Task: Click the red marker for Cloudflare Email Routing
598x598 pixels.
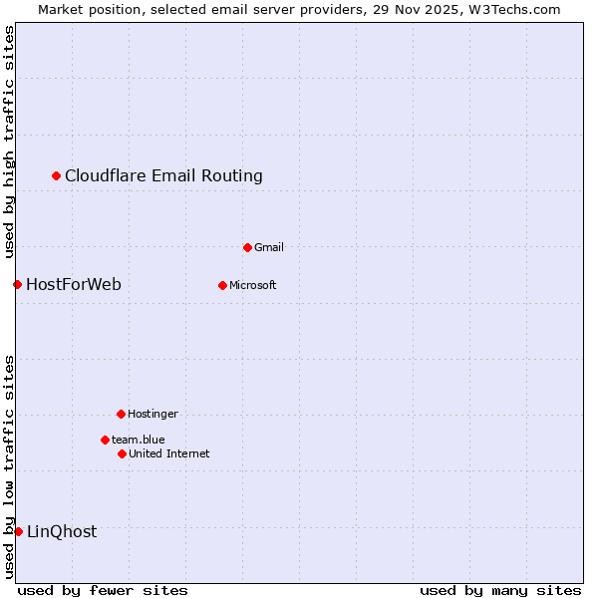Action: pos(57,175)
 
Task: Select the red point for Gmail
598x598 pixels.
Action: pos(247,247)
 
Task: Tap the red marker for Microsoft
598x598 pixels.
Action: pos(222,285)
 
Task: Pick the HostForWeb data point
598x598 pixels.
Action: pos(17,285)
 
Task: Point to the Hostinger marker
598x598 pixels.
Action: pos(121,414)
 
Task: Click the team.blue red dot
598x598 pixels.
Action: pos(105,440)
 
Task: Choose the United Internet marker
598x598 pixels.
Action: pos(122,453)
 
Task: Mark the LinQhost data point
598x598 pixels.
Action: pos(18,531)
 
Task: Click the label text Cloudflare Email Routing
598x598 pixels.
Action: pos(163,176)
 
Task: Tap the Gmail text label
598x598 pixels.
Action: pos(269,247)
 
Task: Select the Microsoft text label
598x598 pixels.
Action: pos(252,285)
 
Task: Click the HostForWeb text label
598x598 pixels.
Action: pos(73,285)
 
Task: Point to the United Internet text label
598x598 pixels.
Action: pos(168,453)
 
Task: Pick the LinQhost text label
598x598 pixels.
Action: pos(62,532)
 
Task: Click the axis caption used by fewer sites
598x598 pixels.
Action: pos(103,590)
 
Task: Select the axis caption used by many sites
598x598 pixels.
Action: pos(500,590)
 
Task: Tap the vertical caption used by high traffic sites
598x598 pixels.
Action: pos(9,142)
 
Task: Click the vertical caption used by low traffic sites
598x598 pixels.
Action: pos(9,465)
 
